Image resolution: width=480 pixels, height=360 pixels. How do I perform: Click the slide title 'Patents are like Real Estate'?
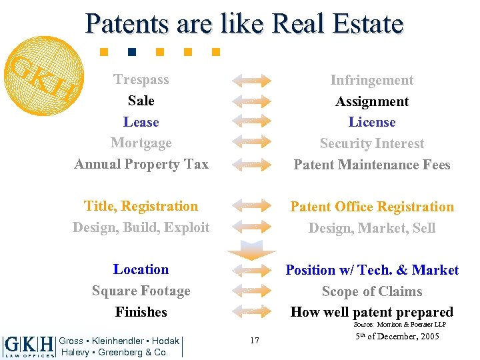[244, 23]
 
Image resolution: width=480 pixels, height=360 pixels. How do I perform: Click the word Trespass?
[141, 79]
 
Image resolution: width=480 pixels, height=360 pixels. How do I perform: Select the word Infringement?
[372, 80]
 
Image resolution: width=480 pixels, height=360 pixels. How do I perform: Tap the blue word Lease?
[141, 122]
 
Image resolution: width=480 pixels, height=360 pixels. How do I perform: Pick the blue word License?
[372, 122]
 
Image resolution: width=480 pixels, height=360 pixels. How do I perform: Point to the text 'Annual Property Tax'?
[141, 164]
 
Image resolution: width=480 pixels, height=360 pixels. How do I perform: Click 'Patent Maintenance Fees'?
[372, 165]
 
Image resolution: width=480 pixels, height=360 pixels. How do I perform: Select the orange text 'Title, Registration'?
[141, 206]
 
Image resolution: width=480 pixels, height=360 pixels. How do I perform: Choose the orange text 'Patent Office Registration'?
[372, 207]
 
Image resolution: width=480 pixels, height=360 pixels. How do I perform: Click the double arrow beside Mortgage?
[251, 143]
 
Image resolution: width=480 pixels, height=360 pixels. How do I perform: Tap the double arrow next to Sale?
[251, 101]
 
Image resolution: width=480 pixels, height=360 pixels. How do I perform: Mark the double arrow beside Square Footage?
[251, 291]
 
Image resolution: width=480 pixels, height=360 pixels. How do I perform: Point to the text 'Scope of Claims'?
[372, 291]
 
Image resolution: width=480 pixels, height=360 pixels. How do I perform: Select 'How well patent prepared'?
[372, 312]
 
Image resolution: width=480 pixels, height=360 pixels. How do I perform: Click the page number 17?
[255, 340]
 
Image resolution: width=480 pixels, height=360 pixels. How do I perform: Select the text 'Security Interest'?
[372, 143]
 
